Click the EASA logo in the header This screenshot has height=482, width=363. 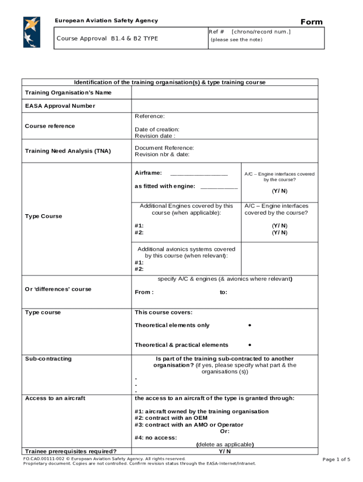point(32,32)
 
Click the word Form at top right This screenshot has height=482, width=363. point(312,22)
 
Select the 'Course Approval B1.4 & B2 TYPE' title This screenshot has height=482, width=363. point(107,39)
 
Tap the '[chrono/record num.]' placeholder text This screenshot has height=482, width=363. point(261,32)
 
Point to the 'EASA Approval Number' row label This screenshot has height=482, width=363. point(60,106)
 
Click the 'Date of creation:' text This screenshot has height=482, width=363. point(157,129)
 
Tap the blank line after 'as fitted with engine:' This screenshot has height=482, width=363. point(219,186)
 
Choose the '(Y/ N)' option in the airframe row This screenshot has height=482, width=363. point(279,191)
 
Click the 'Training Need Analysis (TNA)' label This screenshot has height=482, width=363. point(68,151)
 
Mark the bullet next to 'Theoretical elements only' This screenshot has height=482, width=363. point(249,325)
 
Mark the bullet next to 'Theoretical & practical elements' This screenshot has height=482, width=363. point(249,345)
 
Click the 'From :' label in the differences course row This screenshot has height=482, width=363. point(144,292)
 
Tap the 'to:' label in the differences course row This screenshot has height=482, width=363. point(223,292)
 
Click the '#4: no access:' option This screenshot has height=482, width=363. point(156,438)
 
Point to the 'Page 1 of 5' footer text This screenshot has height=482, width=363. point(336,459)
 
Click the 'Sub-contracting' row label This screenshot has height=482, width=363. point(48,359)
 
